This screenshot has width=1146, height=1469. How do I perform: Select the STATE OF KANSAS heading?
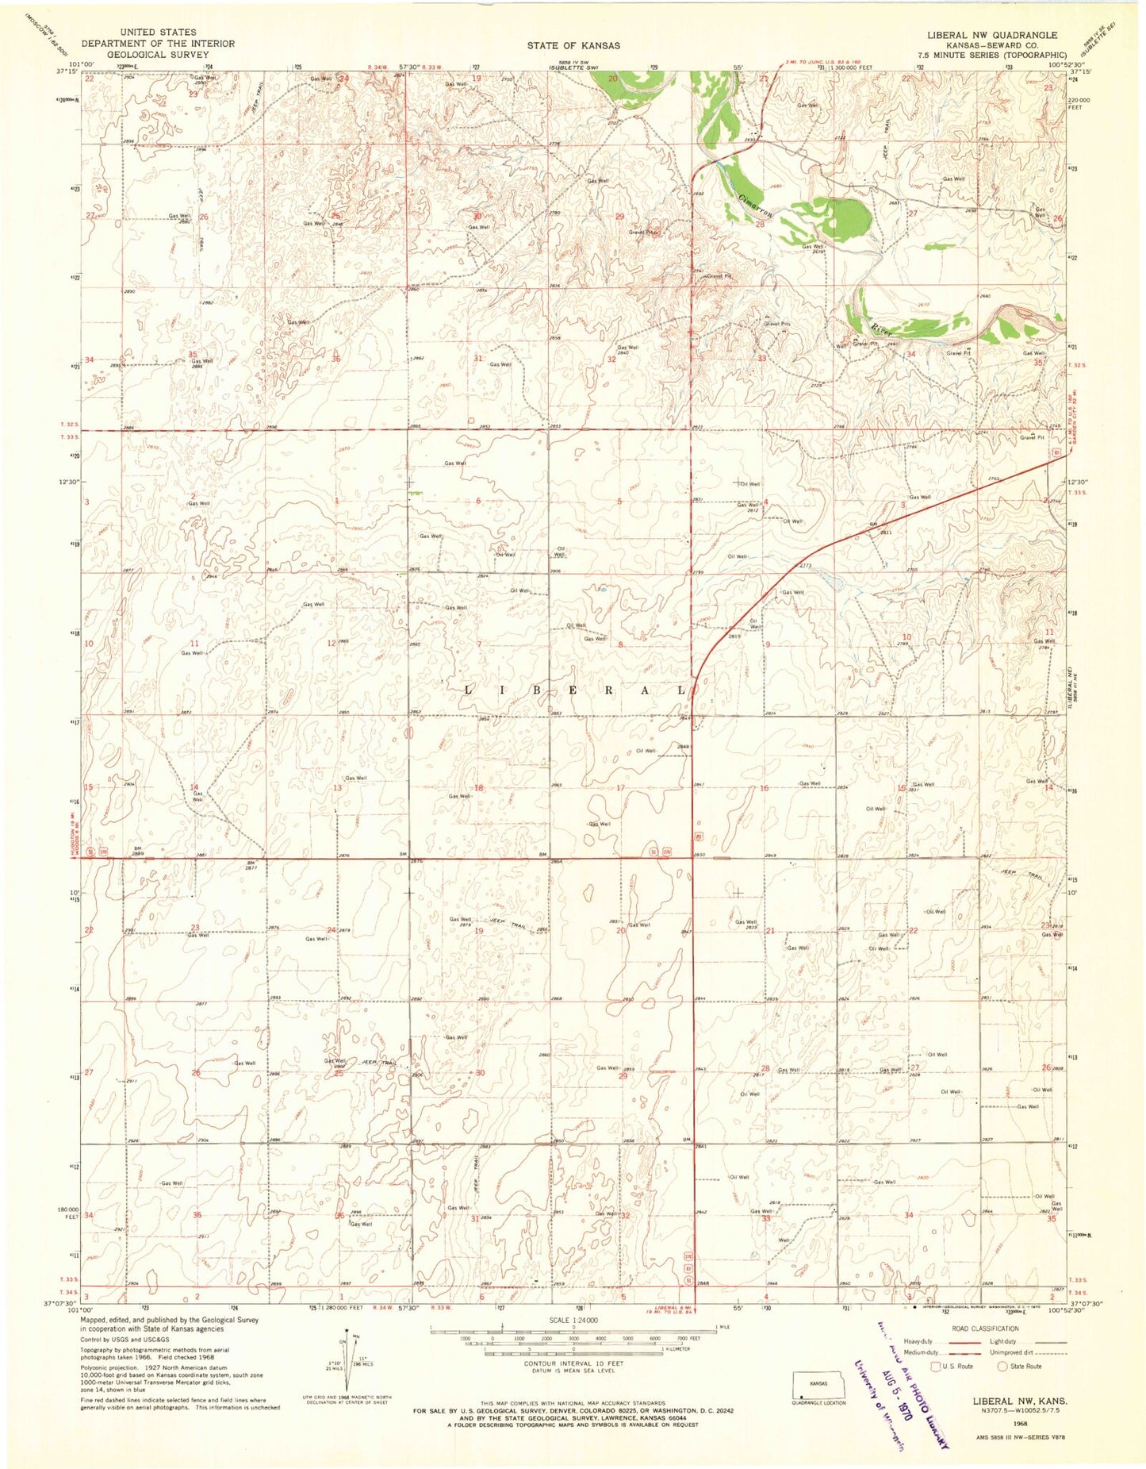(x=573, y=46)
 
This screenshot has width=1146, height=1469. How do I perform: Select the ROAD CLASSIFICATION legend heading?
(x=984, y=1329)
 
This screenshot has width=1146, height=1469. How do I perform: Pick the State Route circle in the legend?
(x=1002, y=1366)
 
